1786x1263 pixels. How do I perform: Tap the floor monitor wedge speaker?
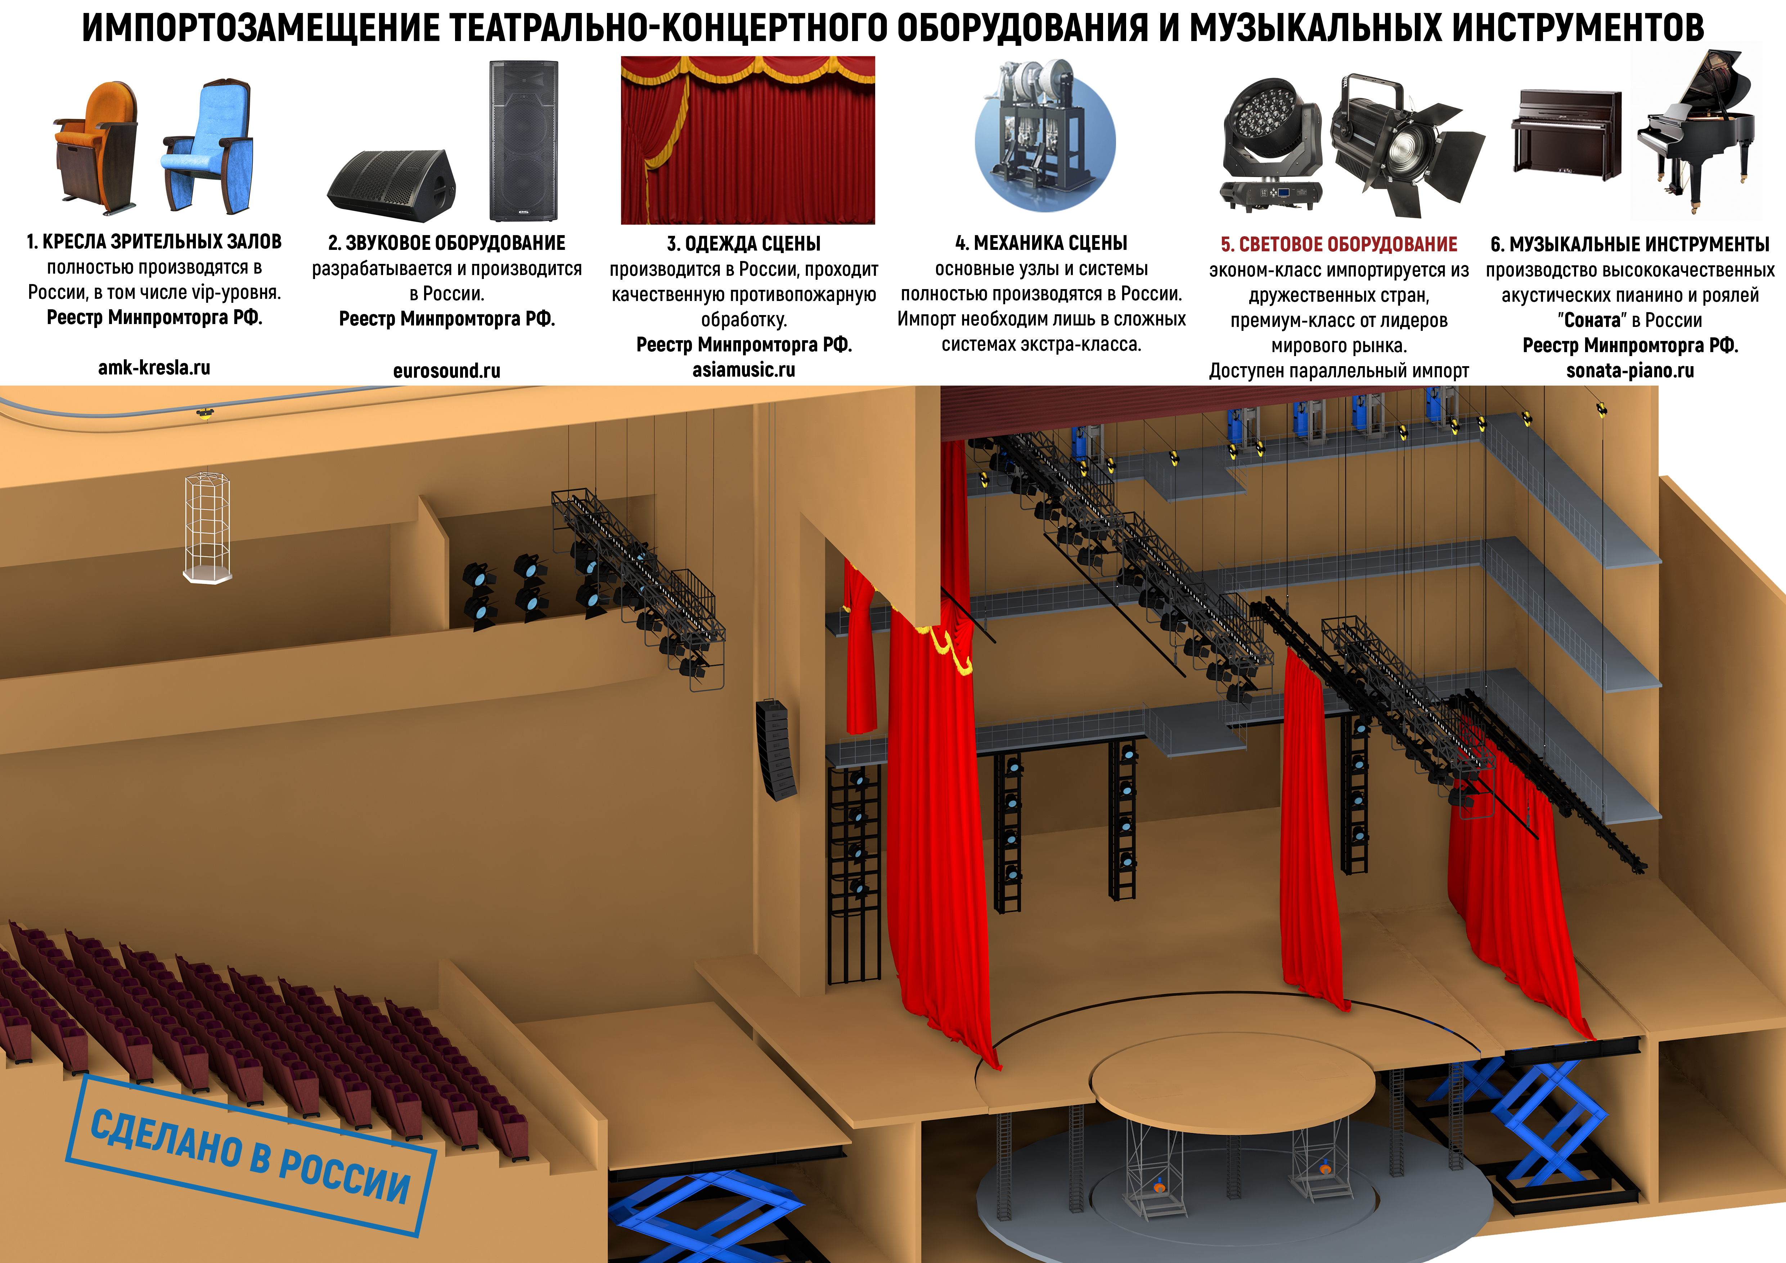pos(391,180)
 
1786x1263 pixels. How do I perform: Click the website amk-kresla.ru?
pos(154,368)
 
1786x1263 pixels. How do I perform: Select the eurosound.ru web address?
pos(446,371)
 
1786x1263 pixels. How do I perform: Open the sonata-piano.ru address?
pos(1630,371)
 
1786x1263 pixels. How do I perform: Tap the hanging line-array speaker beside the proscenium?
pos(775,749)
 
